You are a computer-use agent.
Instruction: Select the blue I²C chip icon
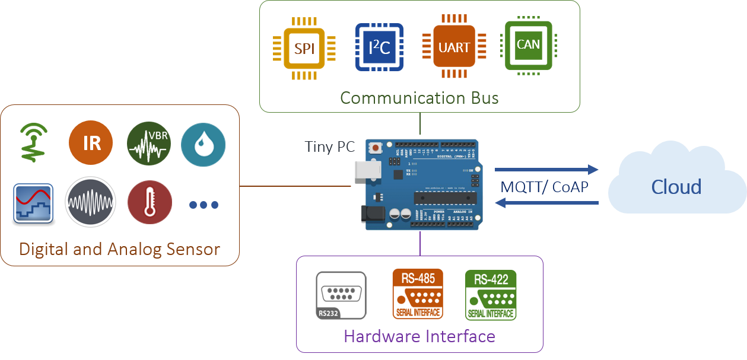click(379, 47)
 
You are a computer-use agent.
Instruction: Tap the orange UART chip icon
click(454, 47)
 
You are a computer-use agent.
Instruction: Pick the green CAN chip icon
click(528, 45)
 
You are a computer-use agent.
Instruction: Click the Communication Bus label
click(419, 97)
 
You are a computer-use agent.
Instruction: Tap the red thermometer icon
click(150, 203)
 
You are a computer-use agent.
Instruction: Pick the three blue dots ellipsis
click(204, 205)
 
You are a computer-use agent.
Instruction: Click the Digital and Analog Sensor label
click(119, 249)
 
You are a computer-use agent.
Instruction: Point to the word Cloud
click(676, 187)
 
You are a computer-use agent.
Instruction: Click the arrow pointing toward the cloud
click(546, 170)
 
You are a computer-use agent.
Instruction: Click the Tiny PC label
click(329, 146)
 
